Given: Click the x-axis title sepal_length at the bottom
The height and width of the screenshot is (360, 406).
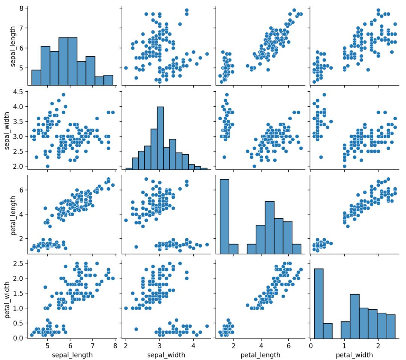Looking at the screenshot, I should [x=71, y=355].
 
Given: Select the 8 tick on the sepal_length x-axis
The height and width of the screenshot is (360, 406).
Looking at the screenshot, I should [x=115, y=346].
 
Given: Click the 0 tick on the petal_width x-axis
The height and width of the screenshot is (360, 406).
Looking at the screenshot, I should [x=311, y=346].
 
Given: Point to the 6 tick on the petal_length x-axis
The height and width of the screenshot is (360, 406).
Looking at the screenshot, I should [x=288, y=346].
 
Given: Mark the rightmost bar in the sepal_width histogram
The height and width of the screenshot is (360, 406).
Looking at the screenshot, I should [x=204, y=169].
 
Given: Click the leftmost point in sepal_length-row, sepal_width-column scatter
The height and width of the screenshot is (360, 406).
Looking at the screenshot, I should [x=126, y=68].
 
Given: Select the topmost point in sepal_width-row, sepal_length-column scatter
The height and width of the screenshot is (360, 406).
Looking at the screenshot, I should [x=63, y=95].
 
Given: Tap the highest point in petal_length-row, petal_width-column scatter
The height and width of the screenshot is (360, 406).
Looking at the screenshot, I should [x=388, y=179].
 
